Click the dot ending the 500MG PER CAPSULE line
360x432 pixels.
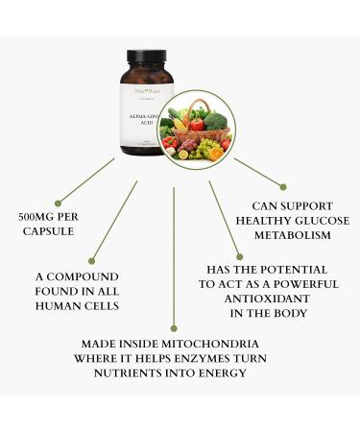tap(59, 203)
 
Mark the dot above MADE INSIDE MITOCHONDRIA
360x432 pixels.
tap(174, 329)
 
